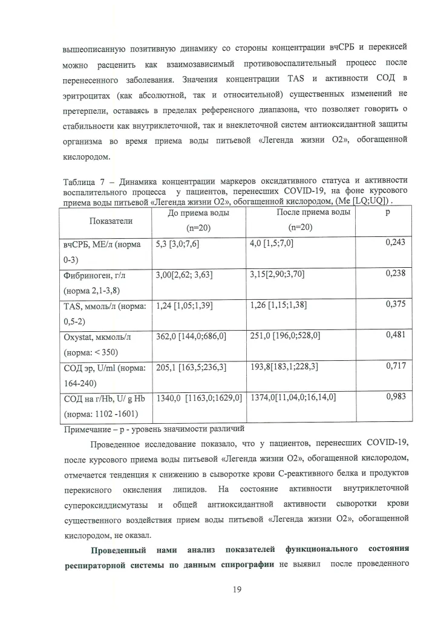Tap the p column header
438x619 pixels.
(x=395, y=214)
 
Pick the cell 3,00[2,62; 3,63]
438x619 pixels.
(x=184, y=274)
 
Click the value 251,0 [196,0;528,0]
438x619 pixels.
(x=285, y=335)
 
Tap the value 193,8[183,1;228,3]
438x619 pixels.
(x=284, y=367)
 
